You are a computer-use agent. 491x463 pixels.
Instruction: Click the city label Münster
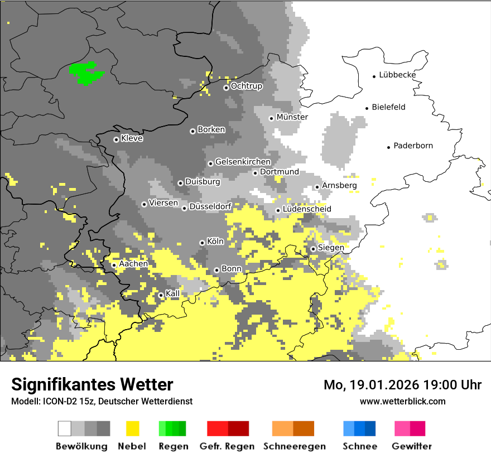pyautogui.click(x=292, y=117)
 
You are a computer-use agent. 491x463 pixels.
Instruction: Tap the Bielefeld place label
pyautogui.click(x=388, y=107)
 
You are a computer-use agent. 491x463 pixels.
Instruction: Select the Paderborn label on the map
pyautogui.click(x=413, y=146)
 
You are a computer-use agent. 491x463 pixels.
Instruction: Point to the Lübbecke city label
pyautogui.click(x=397, y=75)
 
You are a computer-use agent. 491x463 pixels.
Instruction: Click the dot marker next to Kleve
pyautogui.click(x=116, y=139)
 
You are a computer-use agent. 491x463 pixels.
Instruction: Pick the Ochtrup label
pyautogui.click(x=246, y=86)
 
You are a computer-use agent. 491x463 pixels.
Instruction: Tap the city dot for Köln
pyautogui.click(x=202, y=243)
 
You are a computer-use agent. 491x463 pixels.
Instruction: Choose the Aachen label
pyautogui.click(x=133, y=264)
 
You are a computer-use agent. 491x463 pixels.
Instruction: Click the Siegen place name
pyautogui.click(x=331, y=248)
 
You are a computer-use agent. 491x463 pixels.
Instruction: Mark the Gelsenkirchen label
pyautogui.click(x=243, y=162)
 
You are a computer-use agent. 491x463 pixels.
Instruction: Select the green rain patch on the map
pyautogui.click(x=84, y=73)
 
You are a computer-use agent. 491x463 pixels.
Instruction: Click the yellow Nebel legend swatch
pyautogui.click(x=133, y=428)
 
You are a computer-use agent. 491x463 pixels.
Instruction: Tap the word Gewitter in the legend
pyautogui.click(x=411, y=446)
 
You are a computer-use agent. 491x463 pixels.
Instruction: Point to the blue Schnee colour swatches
pyautogui.click(x=359, y=428)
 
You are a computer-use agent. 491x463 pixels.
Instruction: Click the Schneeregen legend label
pyautogui.click(x=294, y=446)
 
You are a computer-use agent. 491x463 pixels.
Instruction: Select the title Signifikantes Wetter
pyautogui.click(x=92, y=385)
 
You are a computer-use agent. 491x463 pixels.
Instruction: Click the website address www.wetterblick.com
pyautogui.click(x=402, y=401)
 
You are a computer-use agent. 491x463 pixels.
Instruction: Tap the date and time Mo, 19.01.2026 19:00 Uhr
pyautogui.click(x=402, y=385)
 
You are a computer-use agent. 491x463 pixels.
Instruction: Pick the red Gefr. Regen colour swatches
pyautogui.click(x=228, y=428)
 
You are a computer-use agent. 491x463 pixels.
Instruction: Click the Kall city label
pyautogui.click(x=172, y=293)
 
